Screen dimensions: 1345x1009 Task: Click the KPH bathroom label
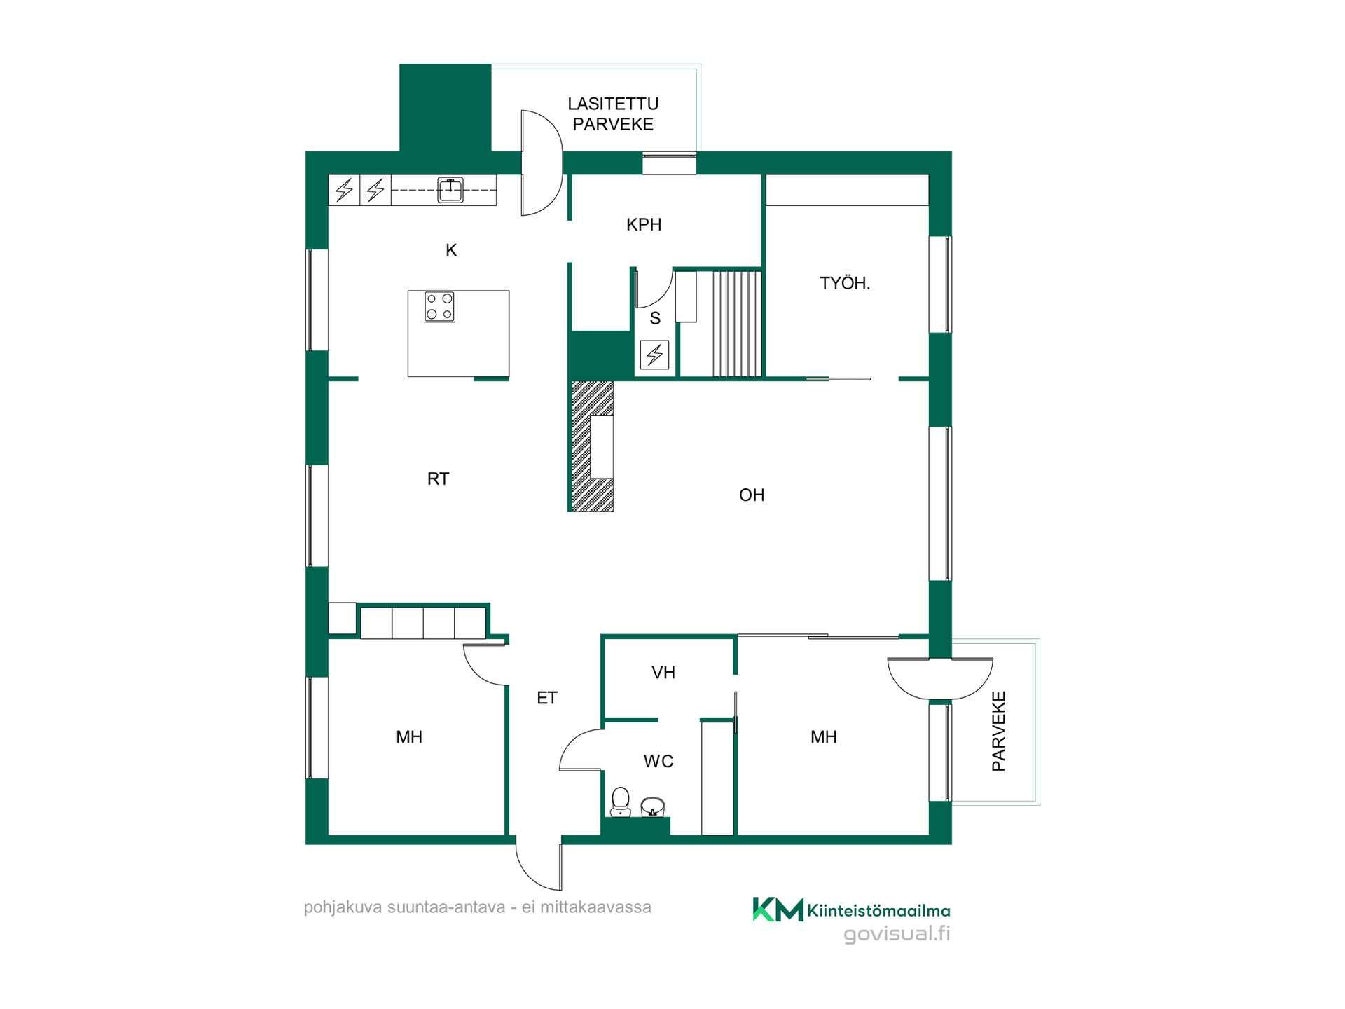[644, 225]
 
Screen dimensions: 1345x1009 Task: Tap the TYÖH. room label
[845, 283]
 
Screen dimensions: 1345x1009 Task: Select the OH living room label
[752, 495]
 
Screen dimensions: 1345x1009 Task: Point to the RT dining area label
[438, 479]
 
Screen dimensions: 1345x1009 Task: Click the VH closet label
[663, 673]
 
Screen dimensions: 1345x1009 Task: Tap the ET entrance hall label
[547, 698]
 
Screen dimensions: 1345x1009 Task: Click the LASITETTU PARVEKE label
[613, 114]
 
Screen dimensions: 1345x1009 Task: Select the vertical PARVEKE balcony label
[999, 732]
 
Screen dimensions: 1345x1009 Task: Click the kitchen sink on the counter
[450, 190]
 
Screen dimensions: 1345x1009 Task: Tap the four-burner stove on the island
[439, 307]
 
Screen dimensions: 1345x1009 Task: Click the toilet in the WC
[621, 802]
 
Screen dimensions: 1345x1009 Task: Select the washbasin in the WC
[653, 807]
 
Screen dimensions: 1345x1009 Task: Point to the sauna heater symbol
[655, 355]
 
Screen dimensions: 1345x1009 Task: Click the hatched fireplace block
[593, 446]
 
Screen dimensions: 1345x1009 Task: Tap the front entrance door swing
[539, 863]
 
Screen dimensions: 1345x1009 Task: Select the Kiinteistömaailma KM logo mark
[778, 910]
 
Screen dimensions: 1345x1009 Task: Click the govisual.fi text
[897, 934]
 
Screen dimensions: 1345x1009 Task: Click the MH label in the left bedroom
[409, 737]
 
